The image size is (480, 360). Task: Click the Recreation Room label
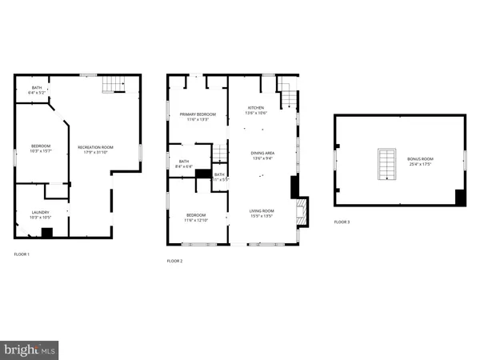95,150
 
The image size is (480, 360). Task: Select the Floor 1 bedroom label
41,148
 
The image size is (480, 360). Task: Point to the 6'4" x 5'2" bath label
37,90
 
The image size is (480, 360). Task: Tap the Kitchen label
256,110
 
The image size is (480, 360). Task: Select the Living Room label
262,213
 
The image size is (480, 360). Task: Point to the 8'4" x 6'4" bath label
184,164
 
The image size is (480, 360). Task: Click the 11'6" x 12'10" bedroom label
197,218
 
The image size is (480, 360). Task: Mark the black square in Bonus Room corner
460,198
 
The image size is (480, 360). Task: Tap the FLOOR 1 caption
22,254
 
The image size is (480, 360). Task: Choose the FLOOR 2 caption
174,261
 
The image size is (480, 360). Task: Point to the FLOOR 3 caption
342,222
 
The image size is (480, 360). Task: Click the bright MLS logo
30,350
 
